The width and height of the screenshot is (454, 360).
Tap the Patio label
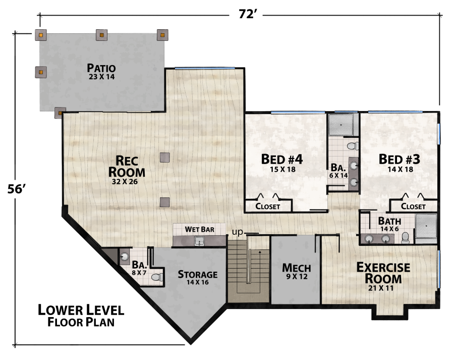tap(101, 68)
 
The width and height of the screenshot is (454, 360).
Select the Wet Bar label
tap(199, 229)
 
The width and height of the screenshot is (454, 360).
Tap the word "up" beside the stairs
tap(238, 232)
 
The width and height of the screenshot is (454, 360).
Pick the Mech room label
tap(296, 268)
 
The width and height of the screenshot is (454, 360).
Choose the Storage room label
tap(197, 275)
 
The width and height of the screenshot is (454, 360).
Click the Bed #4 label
tap(281, 159)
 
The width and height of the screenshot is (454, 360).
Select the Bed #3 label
tap(400, 159)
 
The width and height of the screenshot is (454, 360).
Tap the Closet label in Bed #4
tap(267, 207)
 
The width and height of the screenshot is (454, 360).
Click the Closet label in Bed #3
tap(413, 207)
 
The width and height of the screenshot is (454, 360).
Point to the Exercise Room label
tap(383, 272)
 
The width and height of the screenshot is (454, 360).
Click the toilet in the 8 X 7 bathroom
tap(157, 277)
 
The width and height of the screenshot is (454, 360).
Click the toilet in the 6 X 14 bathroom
tap(352, 146)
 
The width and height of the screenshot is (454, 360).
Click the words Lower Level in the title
tap(81, 310)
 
